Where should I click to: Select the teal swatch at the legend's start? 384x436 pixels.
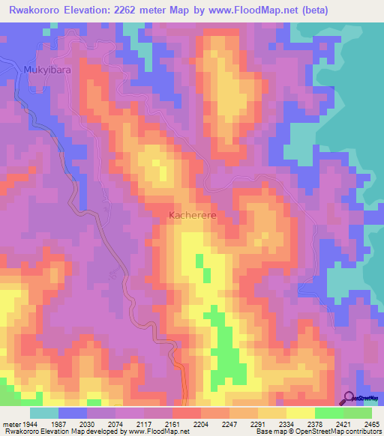tap(43, 413)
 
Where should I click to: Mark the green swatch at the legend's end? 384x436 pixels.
tap(357, 413)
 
